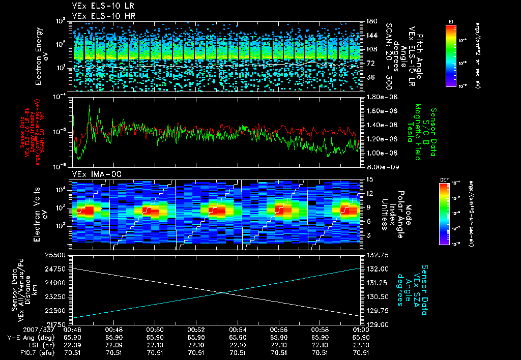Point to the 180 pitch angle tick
367,21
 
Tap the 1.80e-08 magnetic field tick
379,97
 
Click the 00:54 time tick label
238,329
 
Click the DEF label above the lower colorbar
443,179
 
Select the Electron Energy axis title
39,56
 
